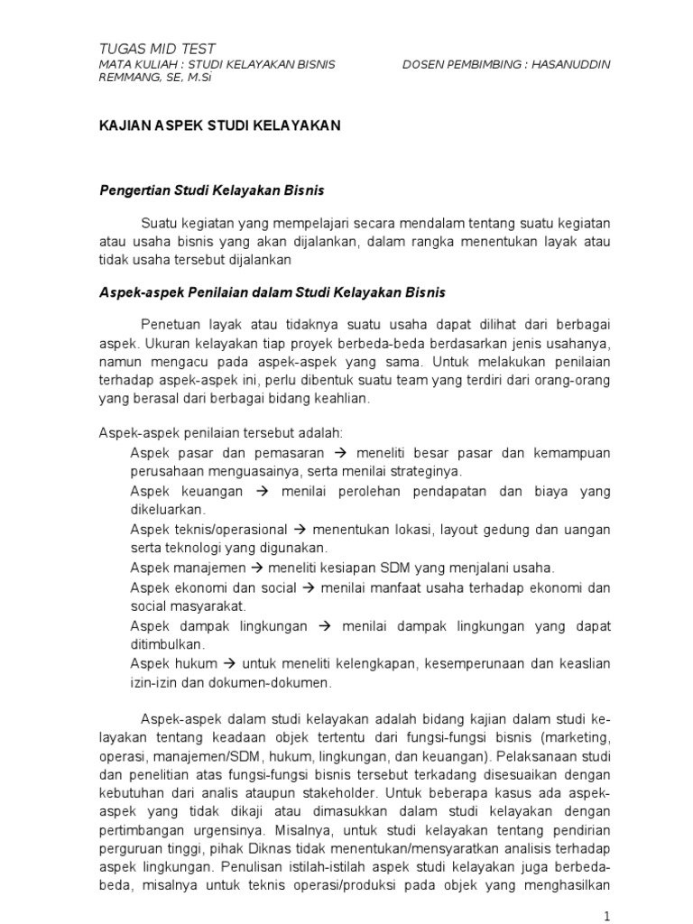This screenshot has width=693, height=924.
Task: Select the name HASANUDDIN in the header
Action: (x=570, y=65)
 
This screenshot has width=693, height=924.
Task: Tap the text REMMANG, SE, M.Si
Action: (x=149, y=79)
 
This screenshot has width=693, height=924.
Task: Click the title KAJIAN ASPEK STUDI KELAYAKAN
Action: (x=219, y=126)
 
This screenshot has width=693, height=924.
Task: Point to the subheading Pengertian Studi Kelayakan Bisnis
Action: (x=210, y=191)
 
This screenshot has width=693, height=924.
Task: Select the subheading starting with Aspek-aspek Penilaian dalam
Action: (x=271, y=293)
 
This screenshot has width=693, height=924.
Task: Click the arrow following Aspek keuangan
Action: (x=263, y=492)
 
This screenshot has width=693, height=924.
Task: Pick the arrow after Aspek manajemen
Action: (x=254, y=568)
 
